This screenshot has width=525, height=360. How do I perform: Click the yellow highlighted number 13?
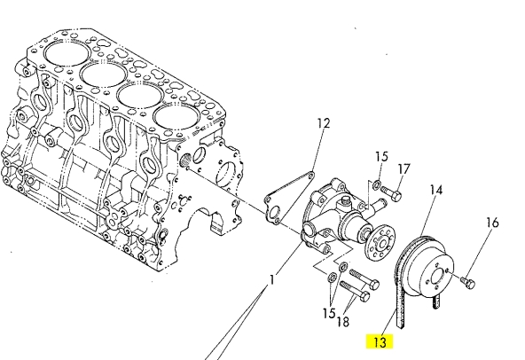tap(380, 342)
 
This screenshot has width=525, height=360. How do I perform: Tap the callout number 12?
tap(324, 123)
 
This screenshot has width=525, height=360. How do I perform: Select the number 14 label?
tap(436, 191)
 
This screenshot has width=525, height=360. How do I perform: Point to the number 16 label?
tap(492, 223)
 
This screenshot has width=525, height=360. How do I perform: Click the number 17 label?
tap(404, 169)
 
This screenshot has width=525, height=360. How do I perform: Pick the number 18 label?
tap(342, 322)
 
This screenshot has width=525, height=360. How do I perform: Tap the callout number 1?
tap(272, 279)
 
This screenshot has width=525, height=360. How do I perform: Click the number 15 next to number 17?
tap(381, 156)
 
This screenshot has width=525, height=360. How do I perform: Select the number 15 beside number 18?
tap(329, 313)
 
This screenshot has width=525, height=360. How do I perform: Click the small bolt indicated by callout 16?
tap(467, 284)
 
